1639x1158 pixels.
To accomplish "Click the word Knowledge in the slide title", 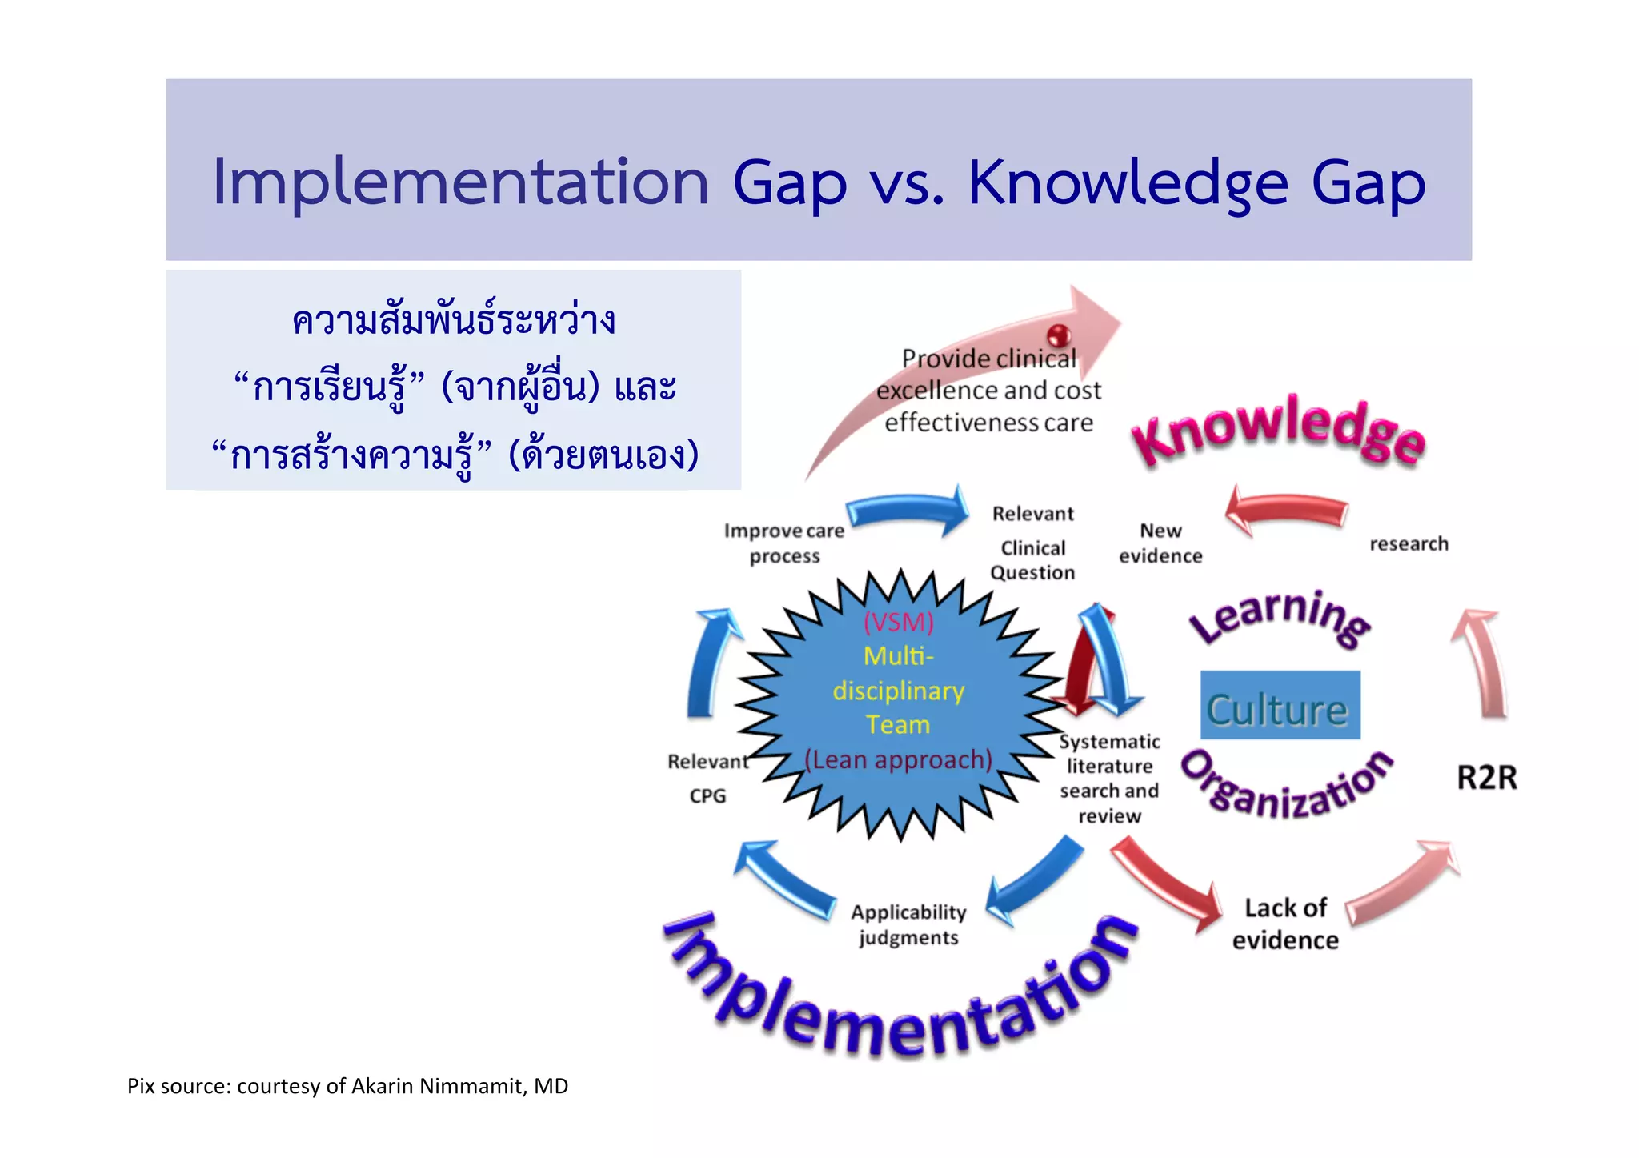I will pyautogui.click(x=1127, y=184).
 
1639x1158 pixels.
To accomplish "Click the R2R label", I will pyautogui.click(x=1486, y=778).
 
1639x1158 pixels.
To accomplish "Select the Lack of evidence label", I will pyautogui.click(x=1285, y=924).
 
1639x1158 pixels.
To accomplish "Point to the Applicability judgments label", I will pyautogui.click(x=908, y=924).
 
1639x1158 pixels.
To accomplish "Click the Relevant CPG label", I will pyautogui.click(x=707, y=778).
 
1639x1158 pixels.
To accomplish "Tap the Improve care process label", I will pyautogui.click(x=783, y=543).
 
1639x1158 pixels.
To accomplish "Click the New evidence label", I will pyautogui.click(x=1160, y=543).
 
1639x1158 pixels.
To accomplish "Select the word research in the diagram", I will pyautogui.click(x=1409, y=544).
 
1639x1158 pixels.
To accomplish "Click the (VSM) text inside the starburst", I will pyautogui.click(x=898, y=622).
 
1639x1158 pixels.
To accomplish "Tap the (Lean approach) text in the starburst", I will pyautogui.click(x=898, y=759).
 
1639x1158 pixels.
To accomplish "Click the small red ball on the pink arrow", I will pyautogui.click(x=1058, y=334).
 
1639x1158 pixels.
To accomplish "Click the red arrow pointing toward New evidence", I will pyautogui.click(x=1286, y=511).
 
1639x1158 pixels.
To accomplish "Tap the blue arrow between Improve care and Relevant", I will pyautogui.click(x=908, y=511).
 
